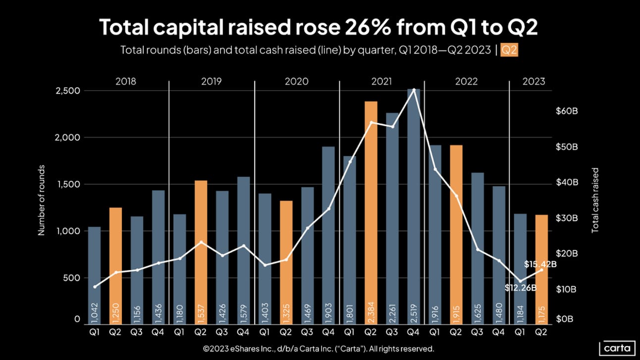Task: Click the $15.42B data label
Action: (x=540, y=264)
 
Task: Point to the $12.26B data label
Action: (x=521, y=287)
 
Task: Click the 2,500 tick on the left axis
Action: (x=67, y=91)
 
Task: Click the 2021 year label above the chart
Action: (x=381, y=81)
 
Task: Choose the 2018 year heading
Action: (x=126, y=81)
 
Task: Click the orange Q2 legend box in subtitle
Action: (x=509, y=51)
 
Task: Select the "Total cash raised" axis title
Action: (x=595, y=200)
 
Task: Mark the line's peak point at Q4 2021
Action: (x=414, y=90)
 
